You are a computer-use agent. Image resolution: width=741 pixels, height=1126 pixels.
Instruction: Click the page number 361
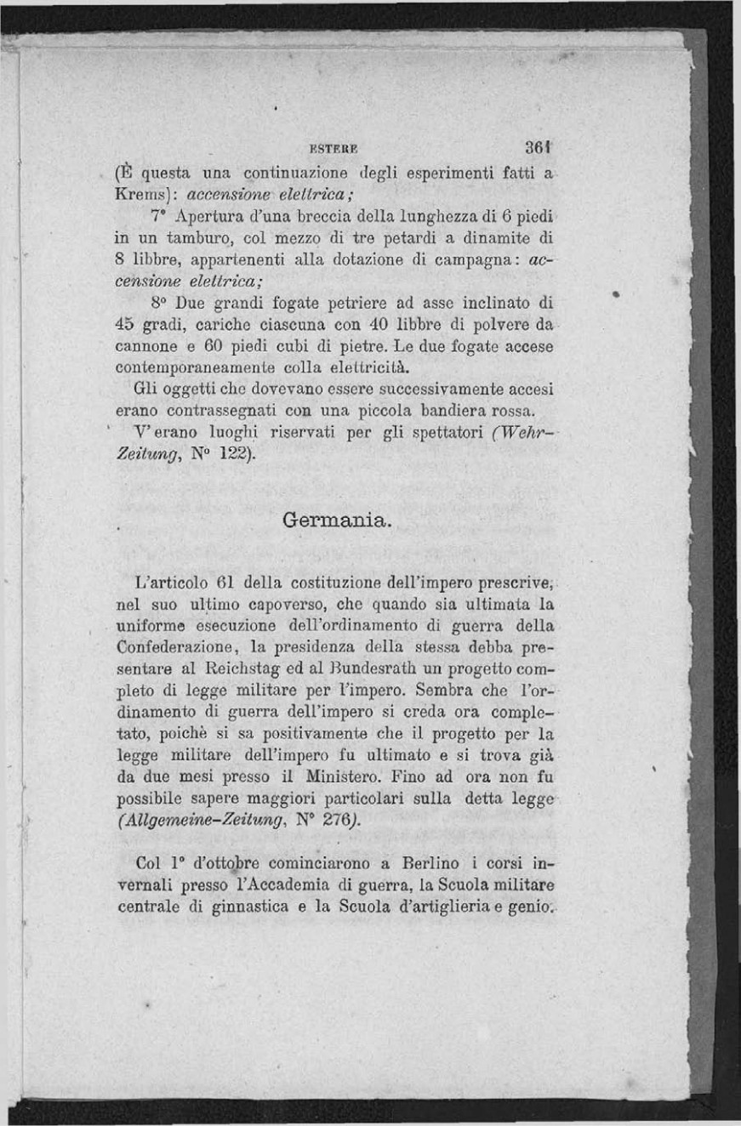pos(540,145)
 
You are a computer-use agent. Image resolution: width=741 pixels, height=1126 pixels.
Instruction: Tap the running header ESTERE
pos(322,145)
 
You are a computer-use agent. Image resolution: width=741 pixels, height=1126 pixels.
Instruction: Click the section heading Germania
pos(337,519)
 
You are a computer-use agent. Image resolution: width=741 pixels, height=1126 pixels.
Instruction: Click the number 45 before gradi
pos(125,325)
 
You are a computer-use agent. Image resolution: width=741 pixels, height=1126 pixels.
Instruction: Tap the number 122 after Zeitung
pos(231,455)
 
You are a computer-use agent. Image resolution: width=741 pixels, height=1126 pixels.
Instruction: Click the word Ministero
pos(339,777)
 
